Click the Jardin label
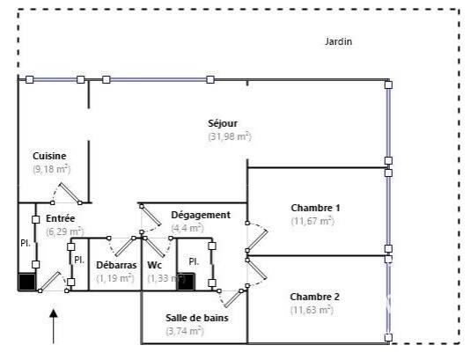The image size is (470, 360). coord(338,41)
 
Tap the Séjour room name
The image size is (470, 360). coord(223,123)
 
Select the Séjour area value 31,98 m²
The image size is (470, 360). coord(230,136)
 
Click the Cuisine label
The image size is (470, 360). coord(49,156)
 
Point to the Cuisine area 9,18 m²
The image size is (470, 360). coord(52,169)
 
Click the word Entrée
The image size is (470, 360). coord(60,218)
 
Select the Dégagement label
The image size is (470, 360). coord(201,215)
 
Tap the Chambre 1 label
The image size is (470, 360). coord(315,208)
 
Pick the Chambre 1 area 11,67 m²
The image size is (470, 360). coord(312,221)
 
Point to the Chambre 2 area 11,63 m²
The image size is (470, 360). coord(312,310)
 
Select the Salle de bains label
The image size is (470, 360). coord(197,318)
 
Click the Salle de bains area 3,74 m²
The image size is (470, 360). coord(185,331)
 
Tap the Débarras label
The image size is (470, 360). coord(116,265)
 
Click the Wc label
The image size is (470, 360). coord(154,265)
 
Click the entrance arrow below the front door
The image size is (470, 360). coord(54,327)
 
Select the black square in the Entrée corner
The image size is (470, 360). coord(27,282)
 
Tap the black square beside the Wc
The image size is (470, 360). coord(186,282)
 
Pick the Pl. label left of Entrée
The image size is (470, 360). coord(26,244)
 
